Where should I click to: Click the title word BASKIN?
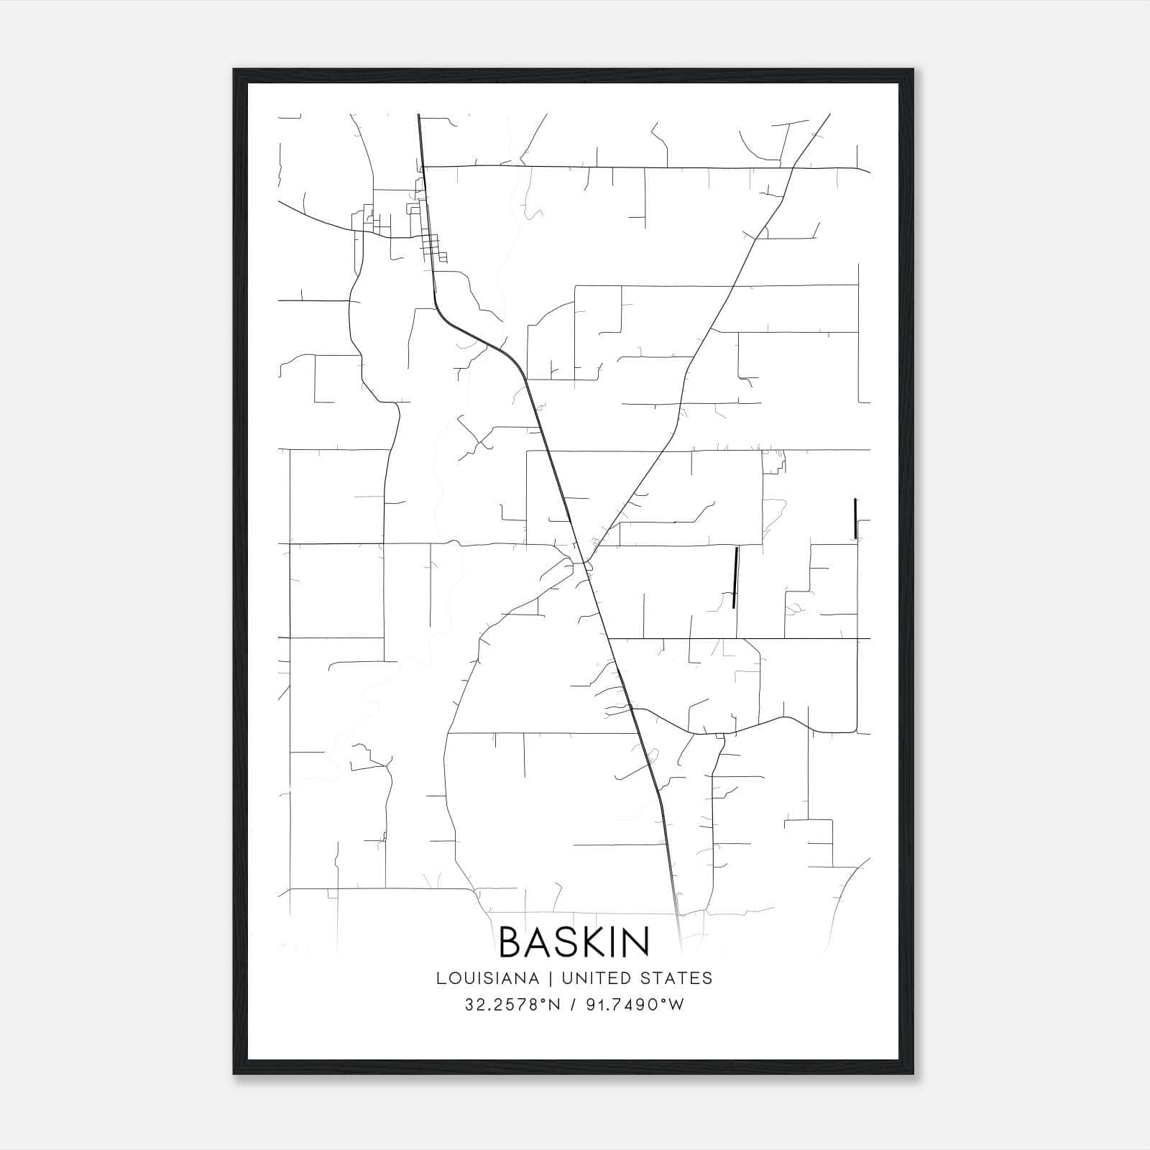pyautogui.click(x=574, y=942)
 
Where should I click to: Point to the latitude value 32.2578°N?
pyautogui.click(x=512, y=1005)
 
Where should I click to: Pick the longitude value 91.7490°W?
pyautogui.click(x=634, y=1005)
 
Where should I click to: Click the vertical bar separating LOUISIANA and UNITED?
pyautogui.click(x=550, y=978)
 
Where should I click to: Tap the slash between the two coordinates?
pyautogui.click(x=573, y=1005)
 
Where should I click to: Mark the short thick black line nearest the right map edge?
pyautogui.click(x=855, y=517)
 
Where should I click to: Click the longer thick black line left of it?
pyautogui.click(x=735, y=577)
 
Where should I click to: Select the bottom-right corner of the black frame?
pyautogui.click(x=913, y=1074)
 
